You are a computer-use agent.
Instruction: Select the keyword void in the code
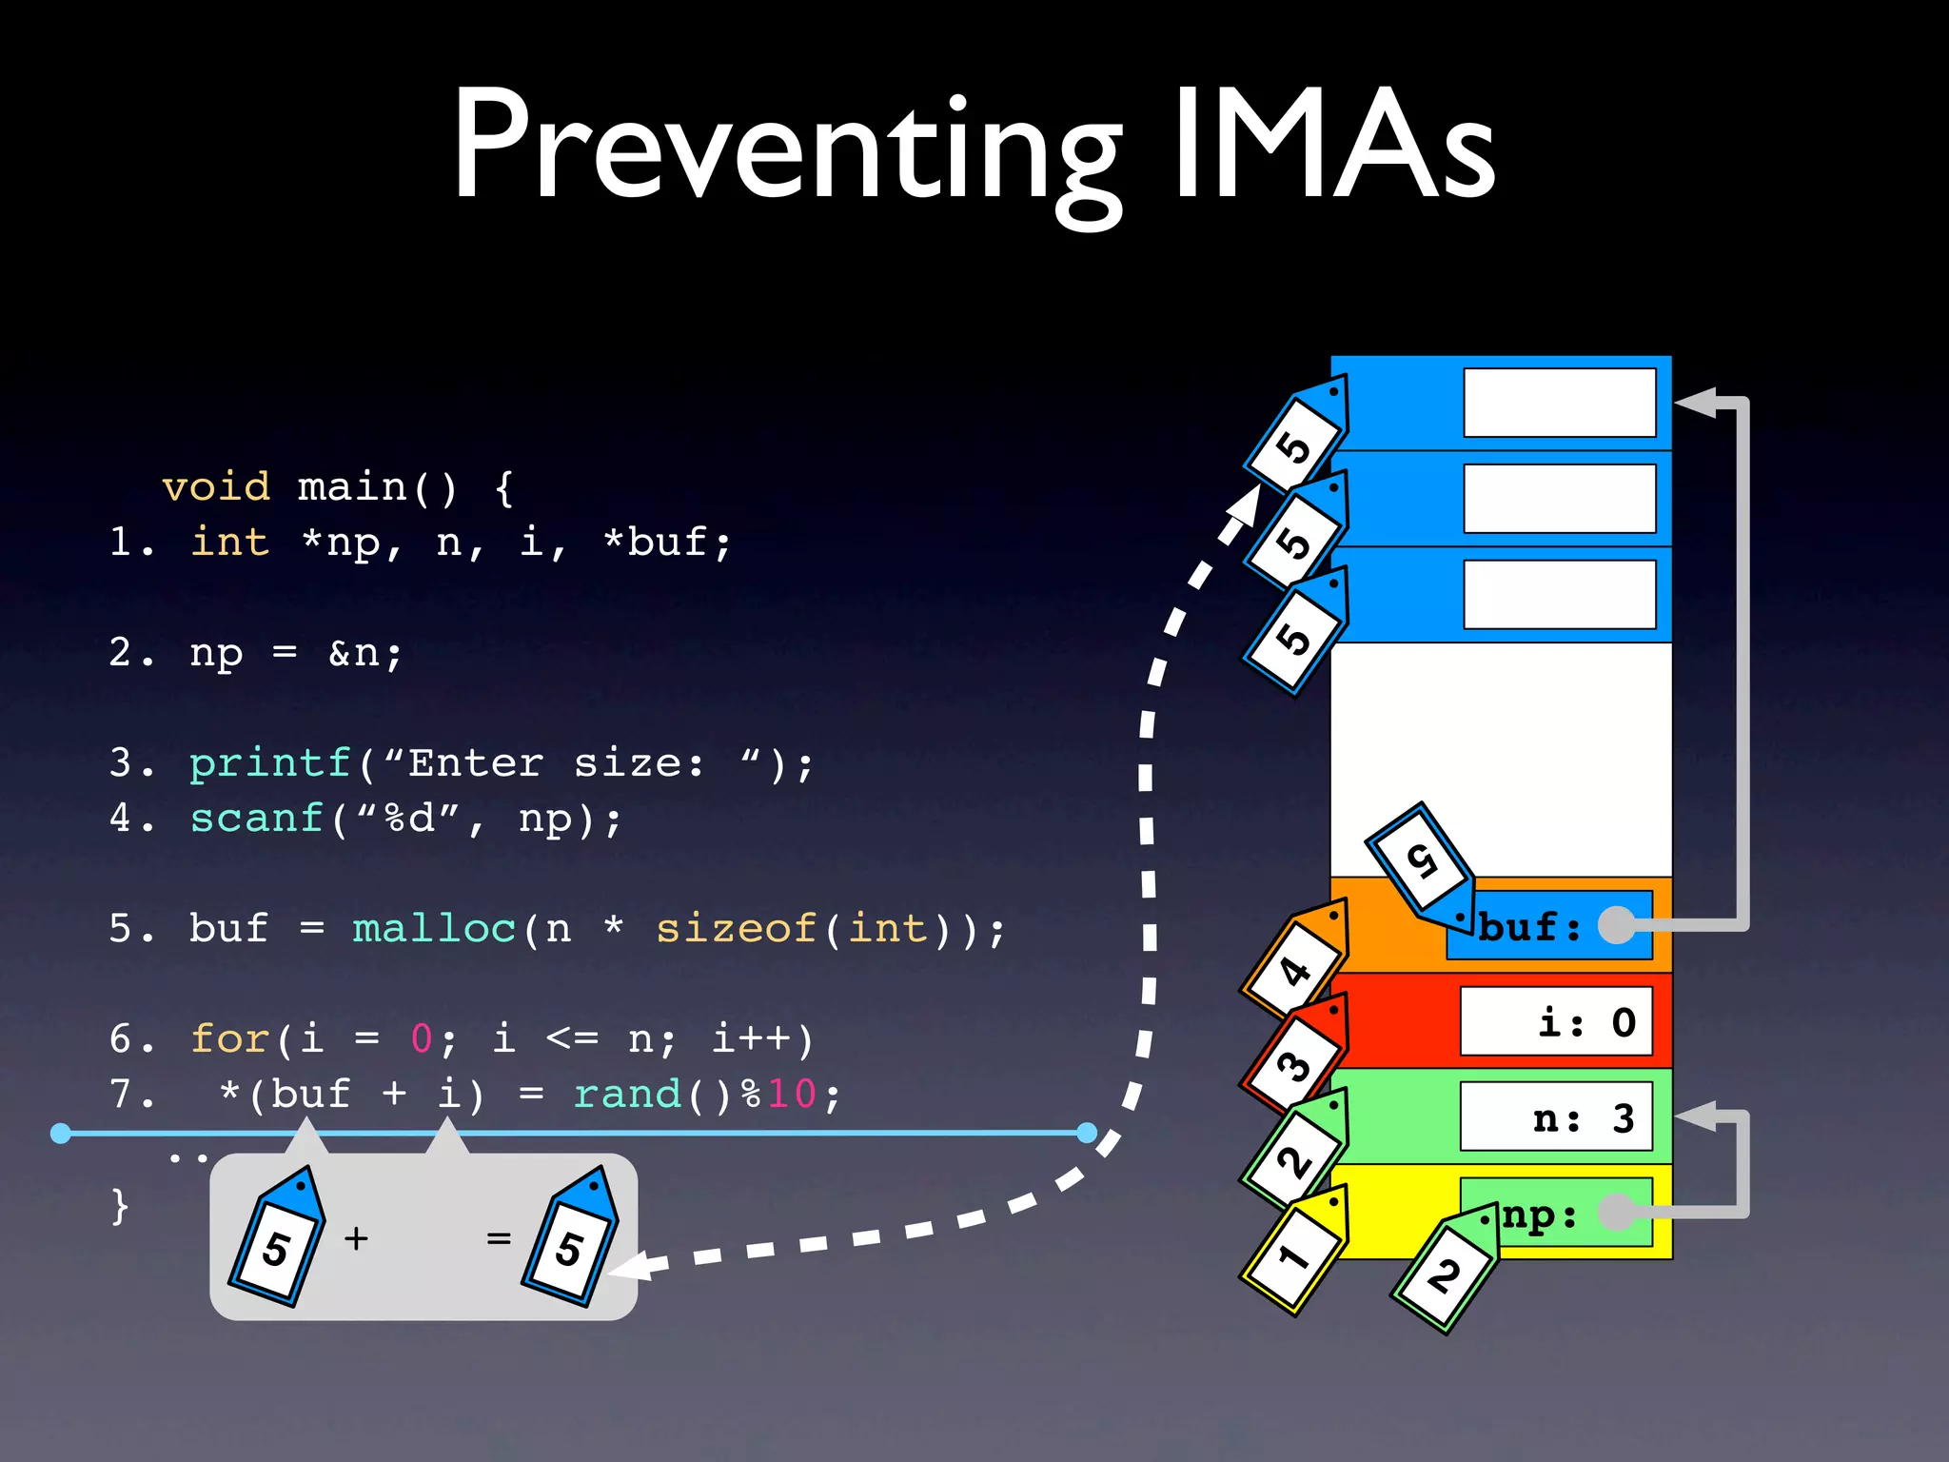[216, 487]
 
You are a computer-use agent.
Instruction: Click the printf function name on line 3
[270, 763]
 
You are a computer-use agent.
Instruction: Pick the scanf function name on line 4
[257, 819]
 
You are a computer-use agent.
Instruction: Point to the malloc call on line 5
[434, 929]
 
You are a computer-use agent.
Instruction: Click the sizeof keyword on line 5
[736, 929]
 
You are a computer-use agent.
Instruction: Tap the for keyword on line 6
[229, 1038]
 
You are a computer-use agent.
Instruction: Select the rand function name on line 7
[627, 1094]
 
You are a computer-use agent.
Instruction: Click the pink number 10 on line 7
[792, 1094]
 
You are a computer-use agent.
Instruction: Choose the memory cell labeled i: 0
[1556, 1022]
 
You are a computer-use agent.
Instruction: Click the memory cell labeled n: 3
[1556, 1117]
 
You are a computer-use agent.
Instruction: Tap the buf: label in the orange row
[1529, 926]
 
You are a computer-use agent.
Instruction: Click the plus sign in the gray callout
[356, 1238]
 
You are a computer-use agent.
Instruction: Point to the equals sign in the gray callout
[499, 1238]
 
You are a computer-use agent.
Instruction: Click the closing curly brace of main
[120, 1206]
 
